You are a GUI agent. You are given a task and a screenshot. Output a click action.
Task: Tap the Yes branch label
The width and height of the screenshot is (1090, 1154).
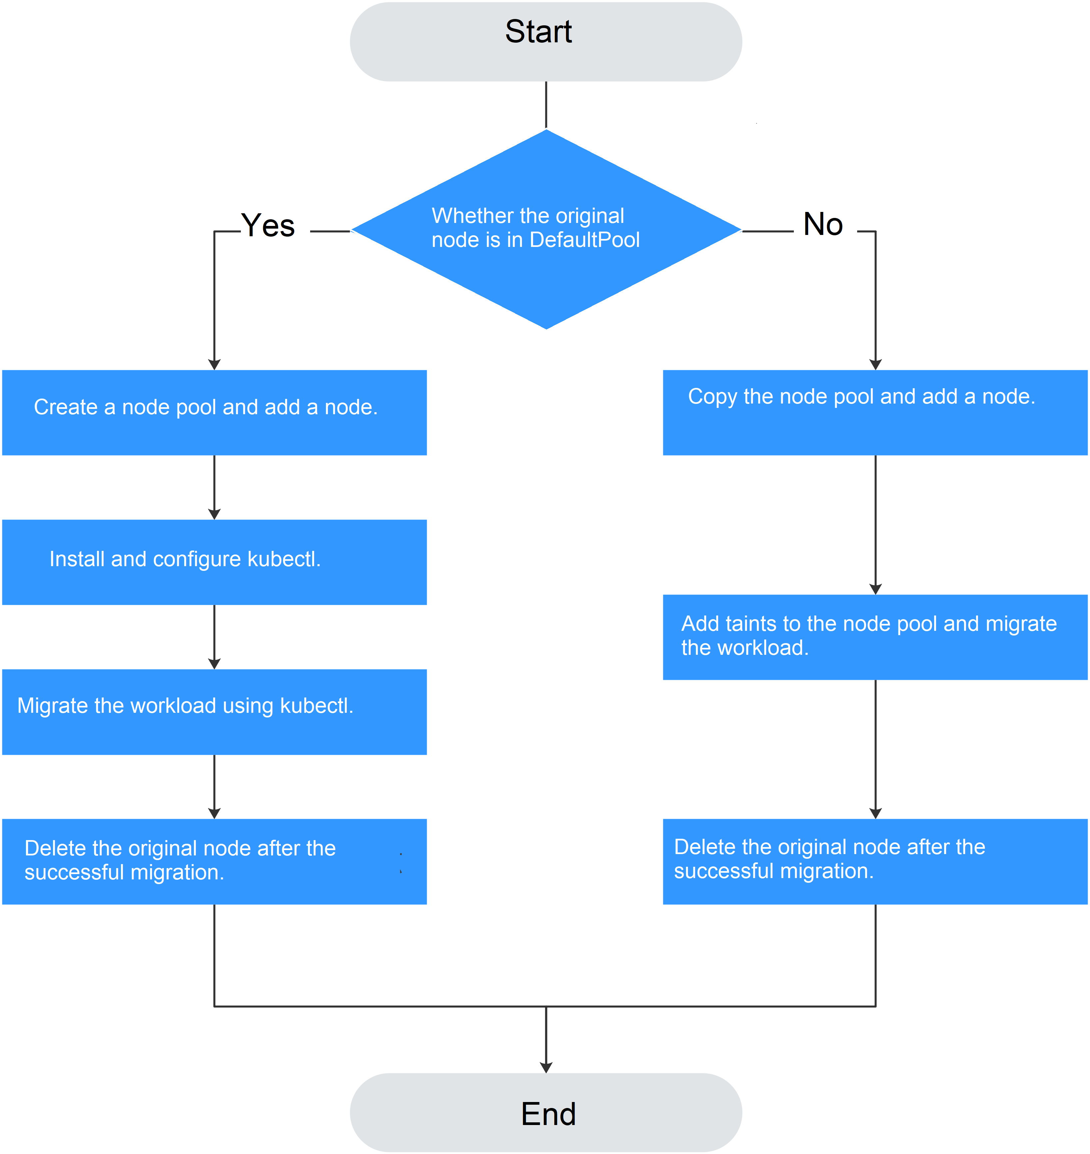tap(268, 226)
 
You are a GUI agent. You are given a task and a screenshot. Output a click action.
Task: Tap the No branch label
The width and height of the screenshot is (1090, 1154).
tap(823, 224)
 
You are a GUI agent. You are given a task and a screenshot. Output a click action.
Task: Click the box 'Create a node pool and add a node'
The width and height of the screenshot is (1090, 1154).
tap(215, 413)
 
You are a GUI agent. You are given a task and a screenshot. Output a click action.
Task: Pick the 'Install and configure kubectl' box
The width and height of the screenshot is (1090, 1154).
tap(215, 562)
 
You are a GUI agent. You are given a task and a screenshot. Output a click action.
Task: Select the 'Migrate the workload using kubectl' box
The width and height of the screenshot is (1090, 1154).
tap(215, 712)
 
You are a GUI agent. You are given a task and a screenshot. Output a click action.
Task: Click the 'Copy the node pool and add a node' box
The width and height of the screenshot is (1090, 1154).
tap(875, 413)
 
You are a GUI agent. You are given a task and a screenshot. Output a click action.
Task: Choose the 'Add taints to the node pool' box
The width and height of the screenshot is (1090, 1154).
tap(875, 637)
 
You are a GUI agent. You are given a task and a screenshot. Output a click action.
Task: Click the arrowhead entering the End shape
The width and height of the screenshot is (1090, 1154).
tap(546, 1067)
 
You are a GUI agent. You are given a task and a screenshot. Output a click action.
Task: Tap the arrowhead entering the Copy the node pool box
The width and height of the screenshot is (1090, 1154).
tap(875, 364)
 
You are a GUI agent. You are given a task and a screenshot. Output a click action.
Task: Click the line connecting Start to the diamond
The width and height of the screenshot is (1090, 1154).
tap(546, 105)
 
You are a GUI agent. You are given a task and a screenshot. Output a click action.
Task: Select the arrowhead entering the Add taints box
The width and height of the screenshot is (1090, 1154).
tap(875, 588)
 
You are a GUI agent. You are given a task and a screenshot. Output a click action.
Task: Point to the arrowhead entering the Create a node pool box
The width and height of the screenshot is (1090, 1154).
tap(215, 364)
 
